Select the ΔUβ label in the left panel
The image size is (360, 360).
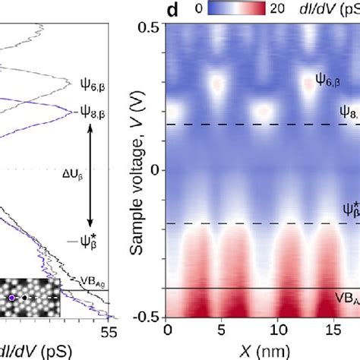pyautogui.click(x=71, y=172)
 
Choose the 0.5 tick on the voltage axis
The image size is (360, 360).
pyautogui.click(x=150, y=27)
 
